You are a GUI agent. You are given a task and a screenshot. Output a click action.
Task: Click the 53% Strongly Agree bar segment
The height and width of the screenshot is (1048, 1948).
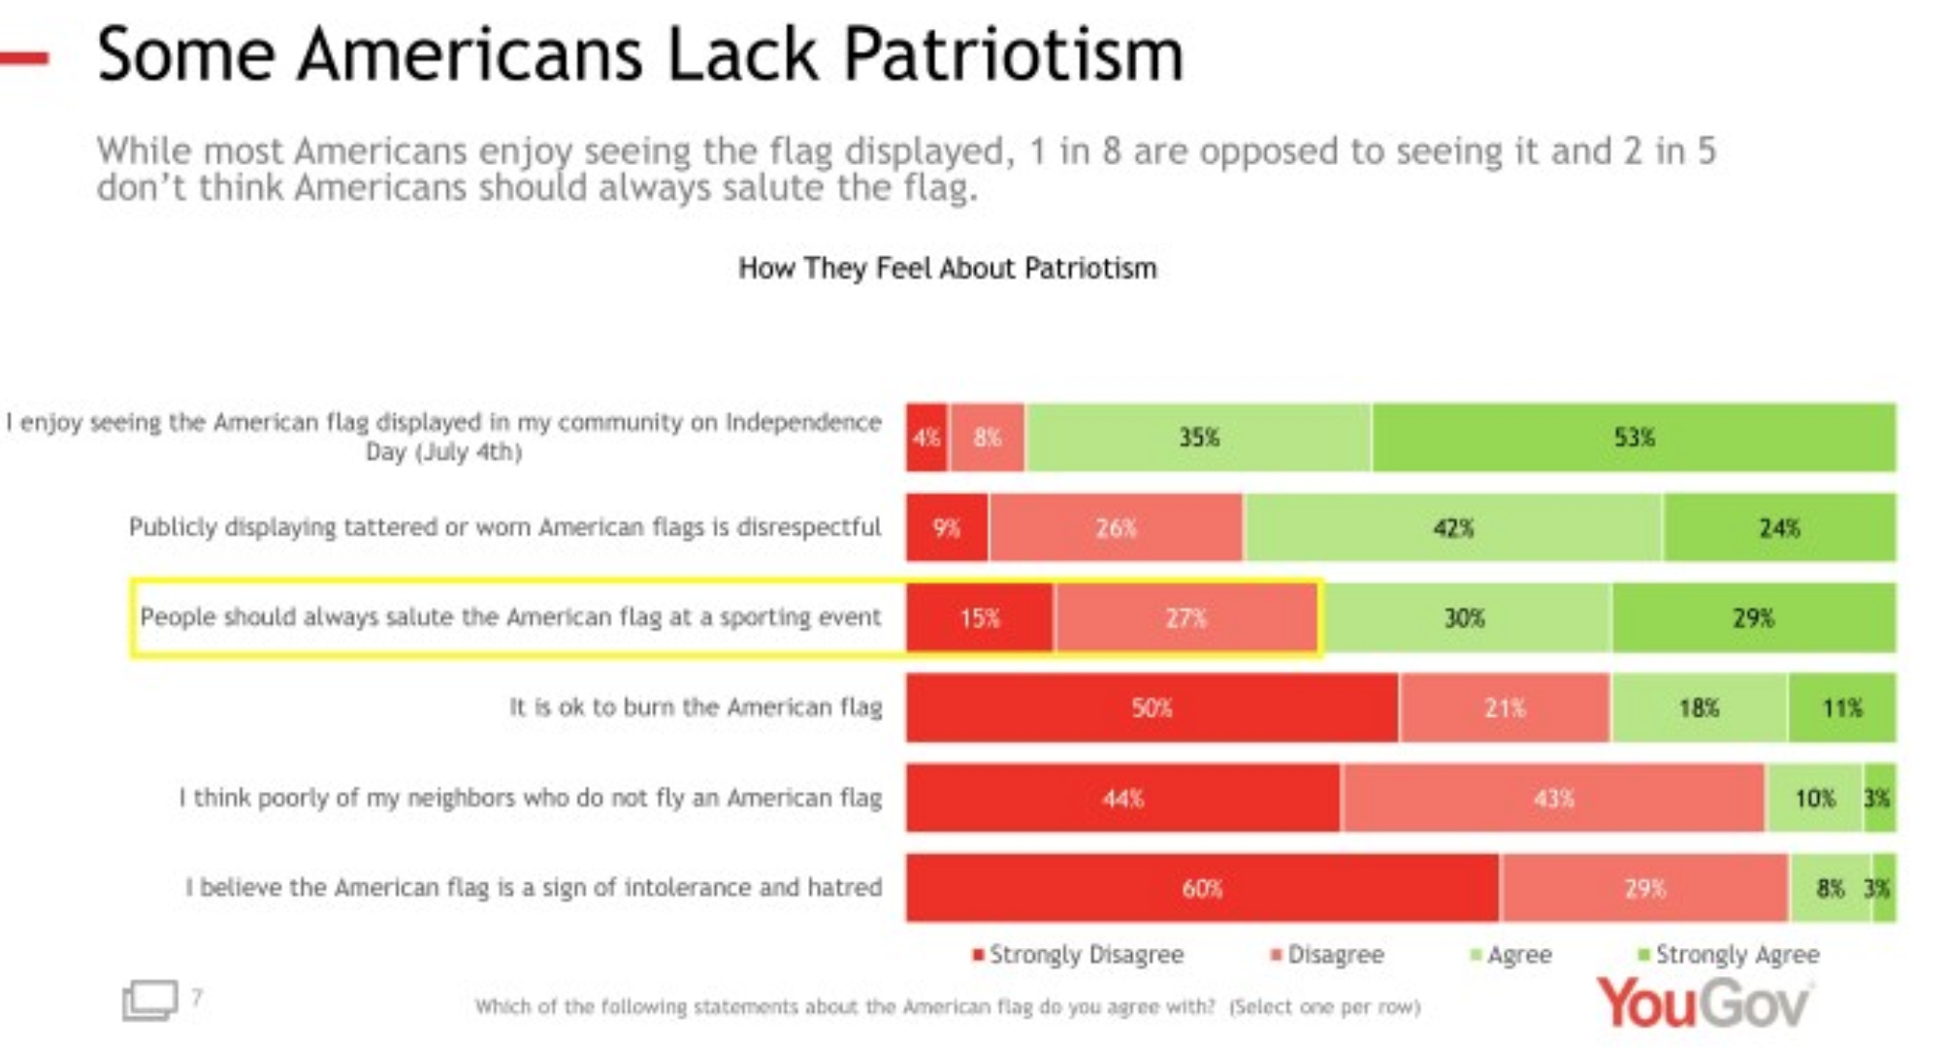click(1634, 438)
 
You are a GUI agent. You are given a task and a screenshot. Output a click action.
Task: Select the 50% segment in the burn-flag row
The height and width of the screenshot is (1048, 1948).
click(1152, 707)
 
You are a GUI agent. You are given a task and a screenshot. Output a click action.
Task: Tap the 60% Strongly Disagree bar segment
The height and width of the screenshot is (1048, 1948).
click(1202, 888)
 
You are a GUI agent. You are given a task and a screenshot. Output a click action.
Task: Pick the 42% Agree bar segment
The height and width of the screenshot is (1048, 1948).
click(1453, 528)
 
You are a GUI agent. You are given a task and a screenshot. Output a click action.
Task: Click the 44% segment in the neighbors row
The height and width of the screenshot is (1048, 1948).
click(1122, 798)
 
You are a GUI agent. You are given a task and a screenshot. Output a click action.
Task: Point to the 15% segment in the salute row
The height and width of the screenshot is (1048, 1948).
click(980, 618)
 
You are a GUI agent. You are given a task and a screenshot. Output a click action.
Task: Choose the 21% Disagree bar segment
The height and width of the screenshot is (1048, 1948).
click(1505, 707)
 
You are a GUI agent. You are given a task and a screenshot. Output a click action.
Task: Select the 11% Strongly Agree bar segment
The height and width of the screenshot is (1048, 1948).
click(1841, 707)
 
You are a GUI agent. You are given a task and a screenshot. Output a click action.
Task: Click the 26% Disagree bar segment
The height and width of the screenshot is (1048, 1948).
click(1116, 528)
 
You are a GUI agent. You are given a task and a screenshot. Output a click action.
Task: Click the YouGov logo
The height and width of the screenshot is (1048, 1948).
click(1704, 1002)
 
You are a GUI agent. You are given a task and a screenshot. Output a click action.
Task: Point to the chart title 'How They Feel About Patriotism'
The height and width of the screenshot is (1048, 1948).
click(948, 268)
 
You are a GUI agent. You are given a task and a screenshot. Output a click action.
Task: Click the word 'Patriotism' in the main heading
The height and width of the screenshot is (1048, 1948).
click(1014, 54)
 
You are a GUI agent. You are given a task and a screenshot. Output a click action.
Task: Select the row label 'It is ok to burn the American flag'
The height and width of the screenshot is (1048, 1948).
click(696, 706)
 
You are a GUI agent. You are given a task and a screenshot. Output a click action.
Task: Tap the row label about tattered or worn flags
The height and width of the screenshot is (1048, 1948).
click(504, 527)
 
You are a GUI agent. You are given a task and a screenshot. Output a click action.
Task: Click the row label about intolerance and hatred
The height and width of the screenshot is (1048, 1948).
click(534, 887)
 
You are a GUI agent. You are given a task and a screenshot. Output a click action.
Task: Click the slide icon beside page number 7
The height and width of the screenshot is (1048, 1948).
click(149, 999)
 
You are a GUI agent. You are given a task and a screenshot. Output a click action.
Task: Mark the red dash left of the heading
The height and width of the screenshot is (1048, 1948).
click(25, 58)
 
